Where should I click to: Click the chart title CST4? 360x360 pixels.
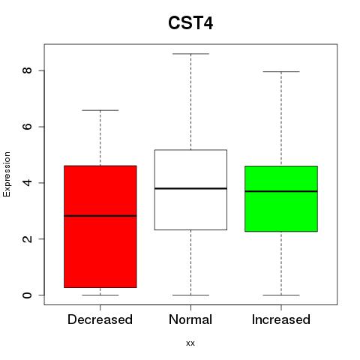(190, 23)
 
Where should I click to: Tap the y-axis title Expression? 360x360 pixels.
(7, 174)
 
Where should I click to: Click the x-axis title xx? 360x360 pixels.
(190, 343)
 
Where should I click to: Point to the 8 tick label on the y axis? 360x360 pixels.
(27, 70)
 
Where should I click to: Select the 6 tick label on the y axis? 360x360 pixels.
(27, 127)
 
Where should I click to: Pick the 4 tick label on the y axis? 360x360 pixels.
(27, 183)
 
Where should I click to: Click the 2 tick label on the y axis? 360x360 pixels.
(27, 238)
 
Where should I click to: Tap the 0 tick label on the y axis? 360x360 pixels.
(27, 295)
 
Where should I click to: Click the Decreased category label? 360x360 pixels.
(100, 319)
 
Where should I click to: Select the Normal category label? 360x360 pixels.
(190, 319)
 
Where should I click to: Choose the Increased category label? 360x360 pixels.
(281, 319)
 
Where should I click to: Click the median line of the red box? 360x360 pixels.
(100, 216)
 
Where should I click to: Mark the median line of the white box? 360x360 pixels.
(190, 188)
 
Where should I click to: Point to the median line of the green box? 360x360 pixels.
(281, 191)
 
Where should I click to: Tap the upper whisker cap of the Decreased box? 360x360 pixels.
(100, 110)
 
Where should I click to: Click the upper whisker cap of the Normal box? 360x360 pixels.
(190, 54)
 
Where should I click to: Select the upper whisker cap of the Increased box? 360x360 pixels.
(281, 72)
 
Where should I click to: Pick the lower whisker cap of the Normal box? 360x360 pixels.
(190, 295)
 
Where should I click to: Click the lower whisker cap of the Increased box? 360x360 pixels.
(281, 295)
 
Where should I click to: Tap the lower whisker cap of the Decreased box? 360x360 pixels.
(100, 295)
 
